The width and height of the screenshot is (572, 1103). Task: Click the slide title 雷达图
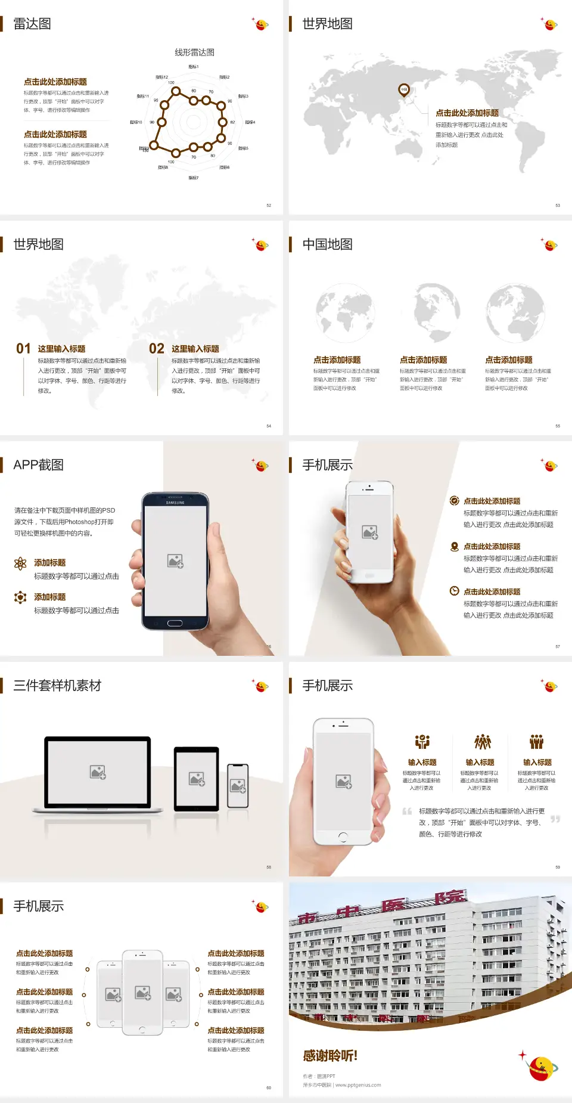(32, 24)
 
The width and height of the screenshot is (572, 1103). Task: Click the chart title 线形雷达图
(194, 52)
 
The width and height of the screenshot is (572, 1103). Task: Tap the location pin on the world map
(404, 90)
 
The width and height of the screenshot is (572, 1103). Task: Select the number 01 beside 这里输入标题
(23, 349)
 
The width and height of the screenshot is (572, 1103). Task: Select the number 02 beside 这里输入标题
(157, 349)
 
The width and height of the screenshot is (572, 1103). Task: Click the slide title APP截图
(38, 465)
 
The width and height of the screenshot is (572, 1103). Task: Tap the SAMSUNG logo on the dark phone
(175, 503)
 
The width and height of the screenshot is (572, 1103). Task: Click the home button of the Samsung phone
(175, 623)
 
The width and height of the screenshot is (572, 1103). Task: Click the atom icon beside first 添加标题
(20, 563)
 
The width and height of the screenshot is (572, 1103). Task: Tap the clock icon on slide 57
(454, 591)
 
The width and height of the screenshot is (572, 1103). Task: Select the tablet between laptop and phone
(197, 778)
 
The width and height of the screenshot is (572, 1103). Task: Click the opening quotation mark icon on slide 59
(407, 811)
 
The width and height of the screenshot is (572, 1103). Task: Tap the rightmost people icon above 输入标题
(537, 742)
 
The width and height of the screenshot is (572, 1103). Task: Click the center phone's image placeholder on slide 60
(142, 992)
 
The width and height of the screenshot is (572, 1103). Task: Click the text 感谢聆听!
(330, 1056)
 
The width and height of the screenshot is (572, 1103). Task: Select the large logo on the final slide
(543, 1067)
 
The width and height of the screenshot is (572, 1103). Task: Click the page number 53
(558, 205)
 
